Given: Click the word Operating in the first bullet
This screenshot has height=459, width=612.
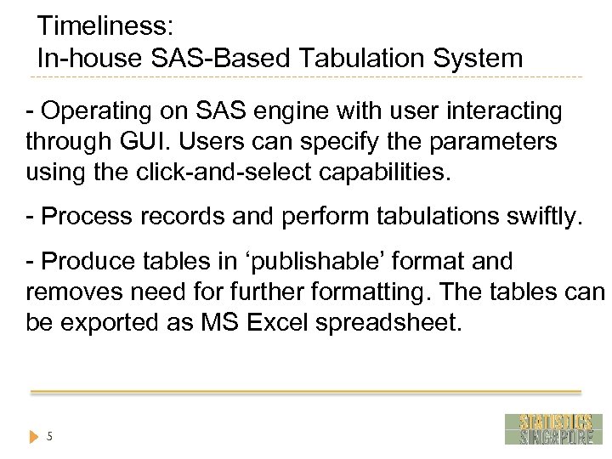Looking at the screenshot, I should [98, 111].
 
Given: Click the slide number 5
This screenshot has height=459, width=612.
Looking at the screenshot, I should [50, 437].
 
